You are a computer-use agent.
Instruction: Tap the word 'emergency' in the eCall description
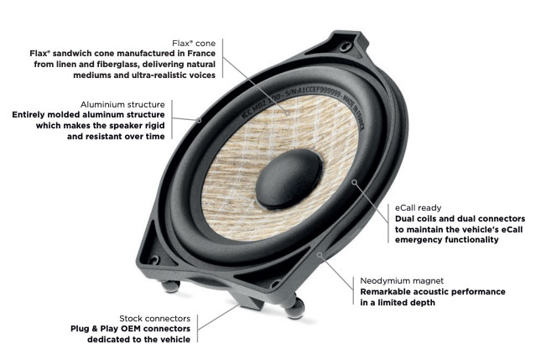pos(424,239)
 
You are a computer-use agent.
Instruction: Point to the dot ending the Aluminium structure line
pos(201,120)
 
